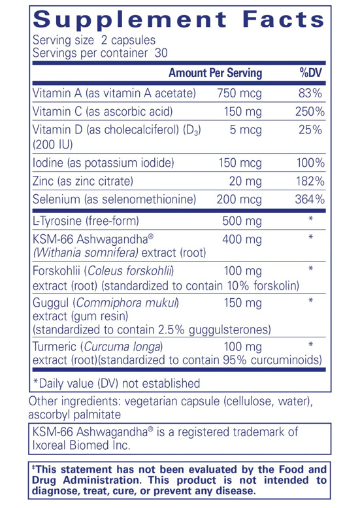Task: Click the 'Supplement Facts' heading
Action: click(x=179, y=20)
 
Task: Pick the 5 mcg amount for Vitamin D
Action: click(x=246, y=130)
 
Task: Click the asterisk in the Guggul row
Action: click(x=311, y=302)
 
